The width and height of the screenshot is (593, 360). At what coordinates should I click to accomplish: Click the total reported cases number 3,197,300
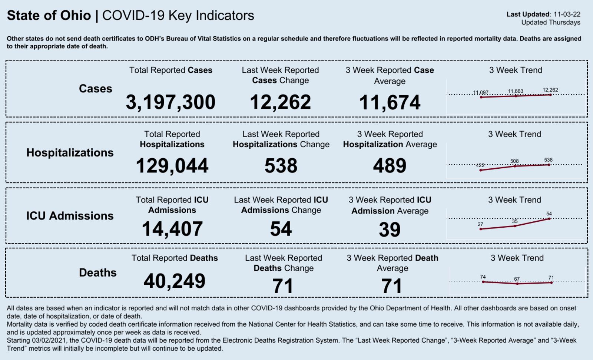170,102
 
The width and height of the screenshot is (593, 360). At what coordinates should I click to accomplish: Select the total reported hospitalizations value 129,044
172,166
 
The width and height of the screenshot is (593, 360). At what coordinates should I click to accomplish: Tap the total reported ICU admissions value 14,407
172,229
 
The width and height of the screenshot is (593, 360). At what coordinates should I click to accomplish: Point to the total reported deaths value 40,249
175,281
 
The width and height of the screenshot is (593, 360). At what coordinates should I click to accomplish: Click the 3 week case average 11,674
390,102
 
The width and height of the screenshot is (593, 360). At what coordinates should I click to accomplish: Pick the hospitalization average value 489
390,166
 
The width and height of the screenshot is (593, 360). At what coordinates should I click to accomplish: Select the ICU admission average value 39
390,229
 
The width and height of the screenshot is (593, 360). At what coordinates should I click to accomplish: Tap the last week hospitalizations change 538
281,166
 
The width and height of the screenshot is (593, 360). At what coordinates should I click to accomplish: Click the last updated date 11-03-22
567,14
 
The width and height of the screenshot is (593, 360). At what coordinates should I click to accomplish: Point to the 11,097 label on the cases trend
481,92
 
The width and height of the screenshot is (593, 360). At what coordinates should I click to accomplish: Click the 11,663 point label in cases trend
516,91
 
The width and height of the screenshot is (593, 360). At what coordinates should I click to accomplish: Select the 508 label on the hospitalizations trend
514,161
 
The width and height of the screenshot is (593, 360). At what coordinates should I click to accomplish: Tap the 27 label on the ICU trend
480,224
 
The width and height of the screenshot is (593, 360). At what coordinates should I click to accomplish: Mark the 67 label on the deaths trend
517,279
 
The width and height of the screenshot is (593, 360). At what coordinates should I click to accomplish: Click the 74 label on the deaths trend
483,277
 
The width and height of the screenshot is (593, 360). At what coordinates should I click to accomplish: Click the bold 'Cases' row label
95,89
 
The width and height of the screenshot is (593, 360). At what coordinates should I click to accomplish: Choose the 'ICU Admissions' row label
70,216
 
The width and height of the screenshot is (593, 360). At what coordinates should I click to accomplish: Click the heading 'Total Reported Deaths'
175,258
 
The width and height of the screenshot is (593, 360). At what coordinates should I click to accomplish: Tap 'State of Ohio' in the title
49,16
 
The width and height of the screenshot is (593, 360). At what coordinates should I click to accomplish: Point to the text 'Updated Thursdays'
551,23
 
